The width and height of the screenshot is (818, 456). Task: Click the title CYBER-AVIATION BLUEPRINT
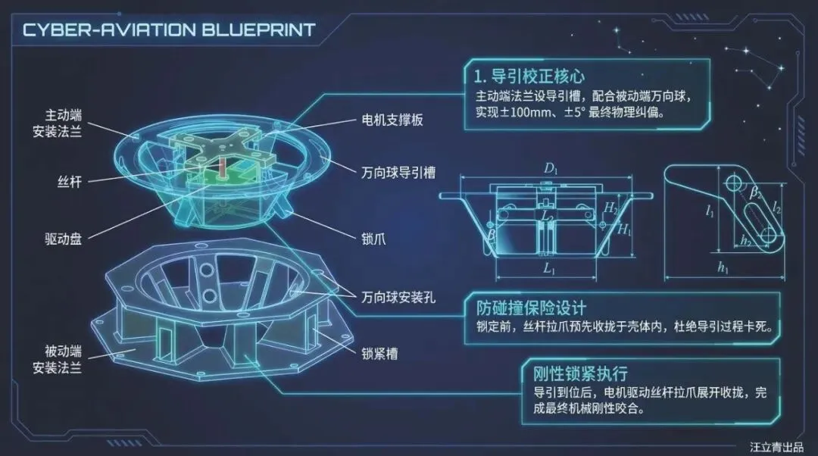[x=168, y=30]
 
